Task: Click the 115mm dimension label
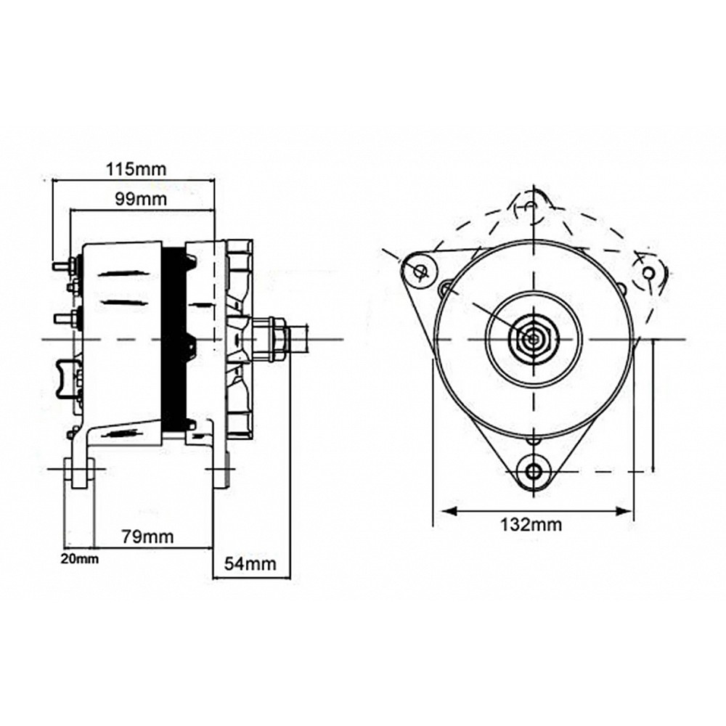(x=136, y=169)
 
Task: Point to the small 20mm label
(x=78, y=558)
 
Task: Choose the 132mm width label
(x=531, y=524)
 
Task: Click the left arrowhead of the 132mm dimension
(x=442, y=511)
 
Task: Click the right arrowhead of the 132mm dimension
(x=626, y=511)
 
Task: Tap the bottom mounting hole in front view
(x=534, y=470)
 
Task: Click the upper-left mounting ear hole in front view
(x=420, y=271)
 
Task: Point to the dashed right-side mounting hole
(x=649, y=272)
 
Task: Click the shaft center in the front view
(x=534, y=338)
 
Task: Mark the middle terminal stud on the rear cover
(x=64, y=317)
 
